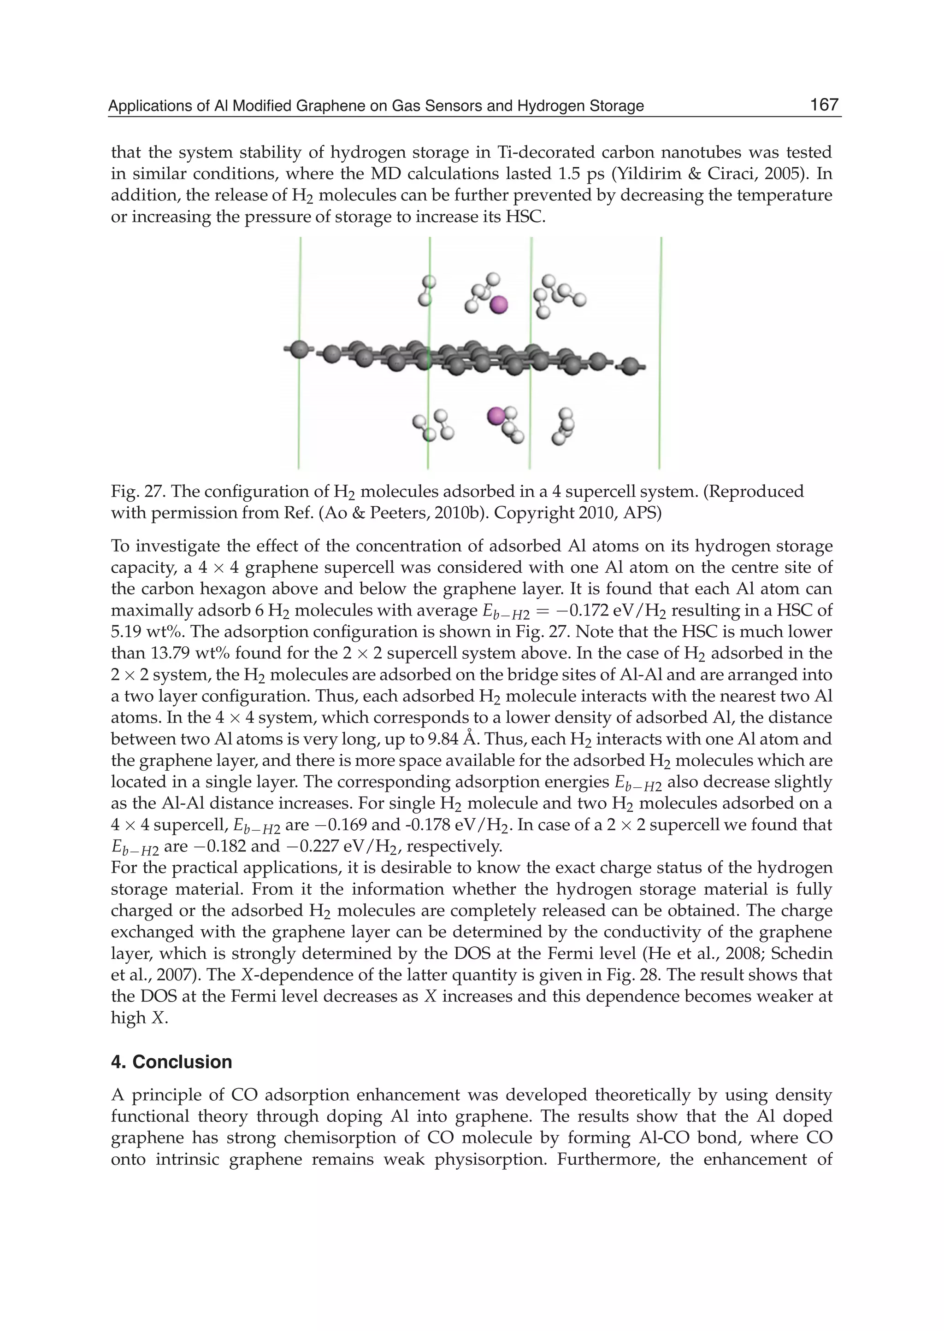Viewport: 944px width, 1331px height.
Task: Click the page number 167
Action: pyautogui.click(x=824, y=105)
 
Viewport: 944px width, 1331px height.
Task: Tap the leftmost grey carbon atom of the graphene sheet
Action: pyautogui.click(x=299, y=349)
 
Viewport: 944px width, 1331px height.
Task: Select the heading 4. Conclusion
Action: pyautogui.click(x=171, y=1062)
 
